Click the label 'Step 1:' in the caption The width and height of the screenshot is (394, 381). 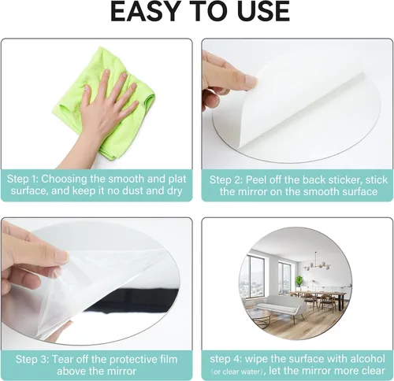point(23,179)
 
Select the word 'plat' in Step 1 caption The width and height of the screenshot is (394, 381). point(177,179)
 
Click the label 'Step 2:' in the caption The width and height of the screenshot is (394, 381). point(225,180)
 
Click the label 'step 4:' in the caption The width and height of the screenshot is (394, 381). point(225,359)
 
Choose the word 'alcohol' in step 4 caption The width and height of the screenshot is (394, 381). point(367,359)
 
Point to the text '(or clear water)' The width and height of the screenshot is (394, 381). point(238,372)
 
